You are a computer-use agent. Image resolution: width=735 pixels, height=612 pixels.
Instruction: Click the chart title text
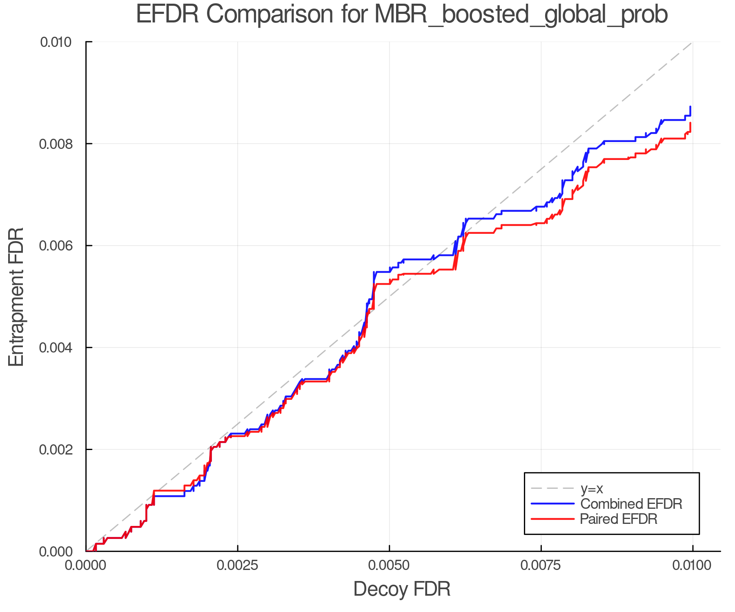click(401, 15)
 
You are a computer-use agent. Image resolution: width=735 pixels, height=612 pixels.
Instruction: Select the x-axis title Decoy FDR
click(401, 589)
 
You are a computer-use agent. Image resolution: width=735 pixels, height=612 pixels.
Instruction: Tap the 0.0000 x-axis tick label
click(86, 566)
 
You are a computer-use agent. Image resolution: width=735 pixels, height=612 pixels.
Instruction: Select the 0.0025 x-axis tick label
click(238, 566)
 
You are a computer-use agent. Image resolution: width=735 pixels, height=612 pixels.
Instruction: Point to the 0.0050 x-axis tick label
click(389, 566)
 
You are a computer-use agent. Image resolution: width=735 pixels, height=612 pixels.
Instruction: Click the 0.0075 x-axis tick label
click(541, 566)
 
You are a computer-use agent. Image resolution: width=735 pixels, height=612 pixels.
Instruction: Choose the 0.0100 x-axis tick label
click(693, 566)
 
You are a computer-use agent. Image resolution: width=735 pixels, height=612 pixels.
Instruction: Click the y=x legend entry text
click(591, 489)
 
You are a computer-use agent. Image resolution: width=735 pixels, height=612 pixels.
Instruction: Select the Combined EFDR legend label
click(631, 504)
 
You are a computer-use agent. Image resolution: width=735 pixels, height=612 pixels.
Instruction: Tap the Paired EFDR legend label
click(619, 519)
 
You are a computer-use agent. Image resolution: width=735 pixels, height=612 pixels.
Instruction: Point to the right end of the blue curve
click(690, 107)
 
